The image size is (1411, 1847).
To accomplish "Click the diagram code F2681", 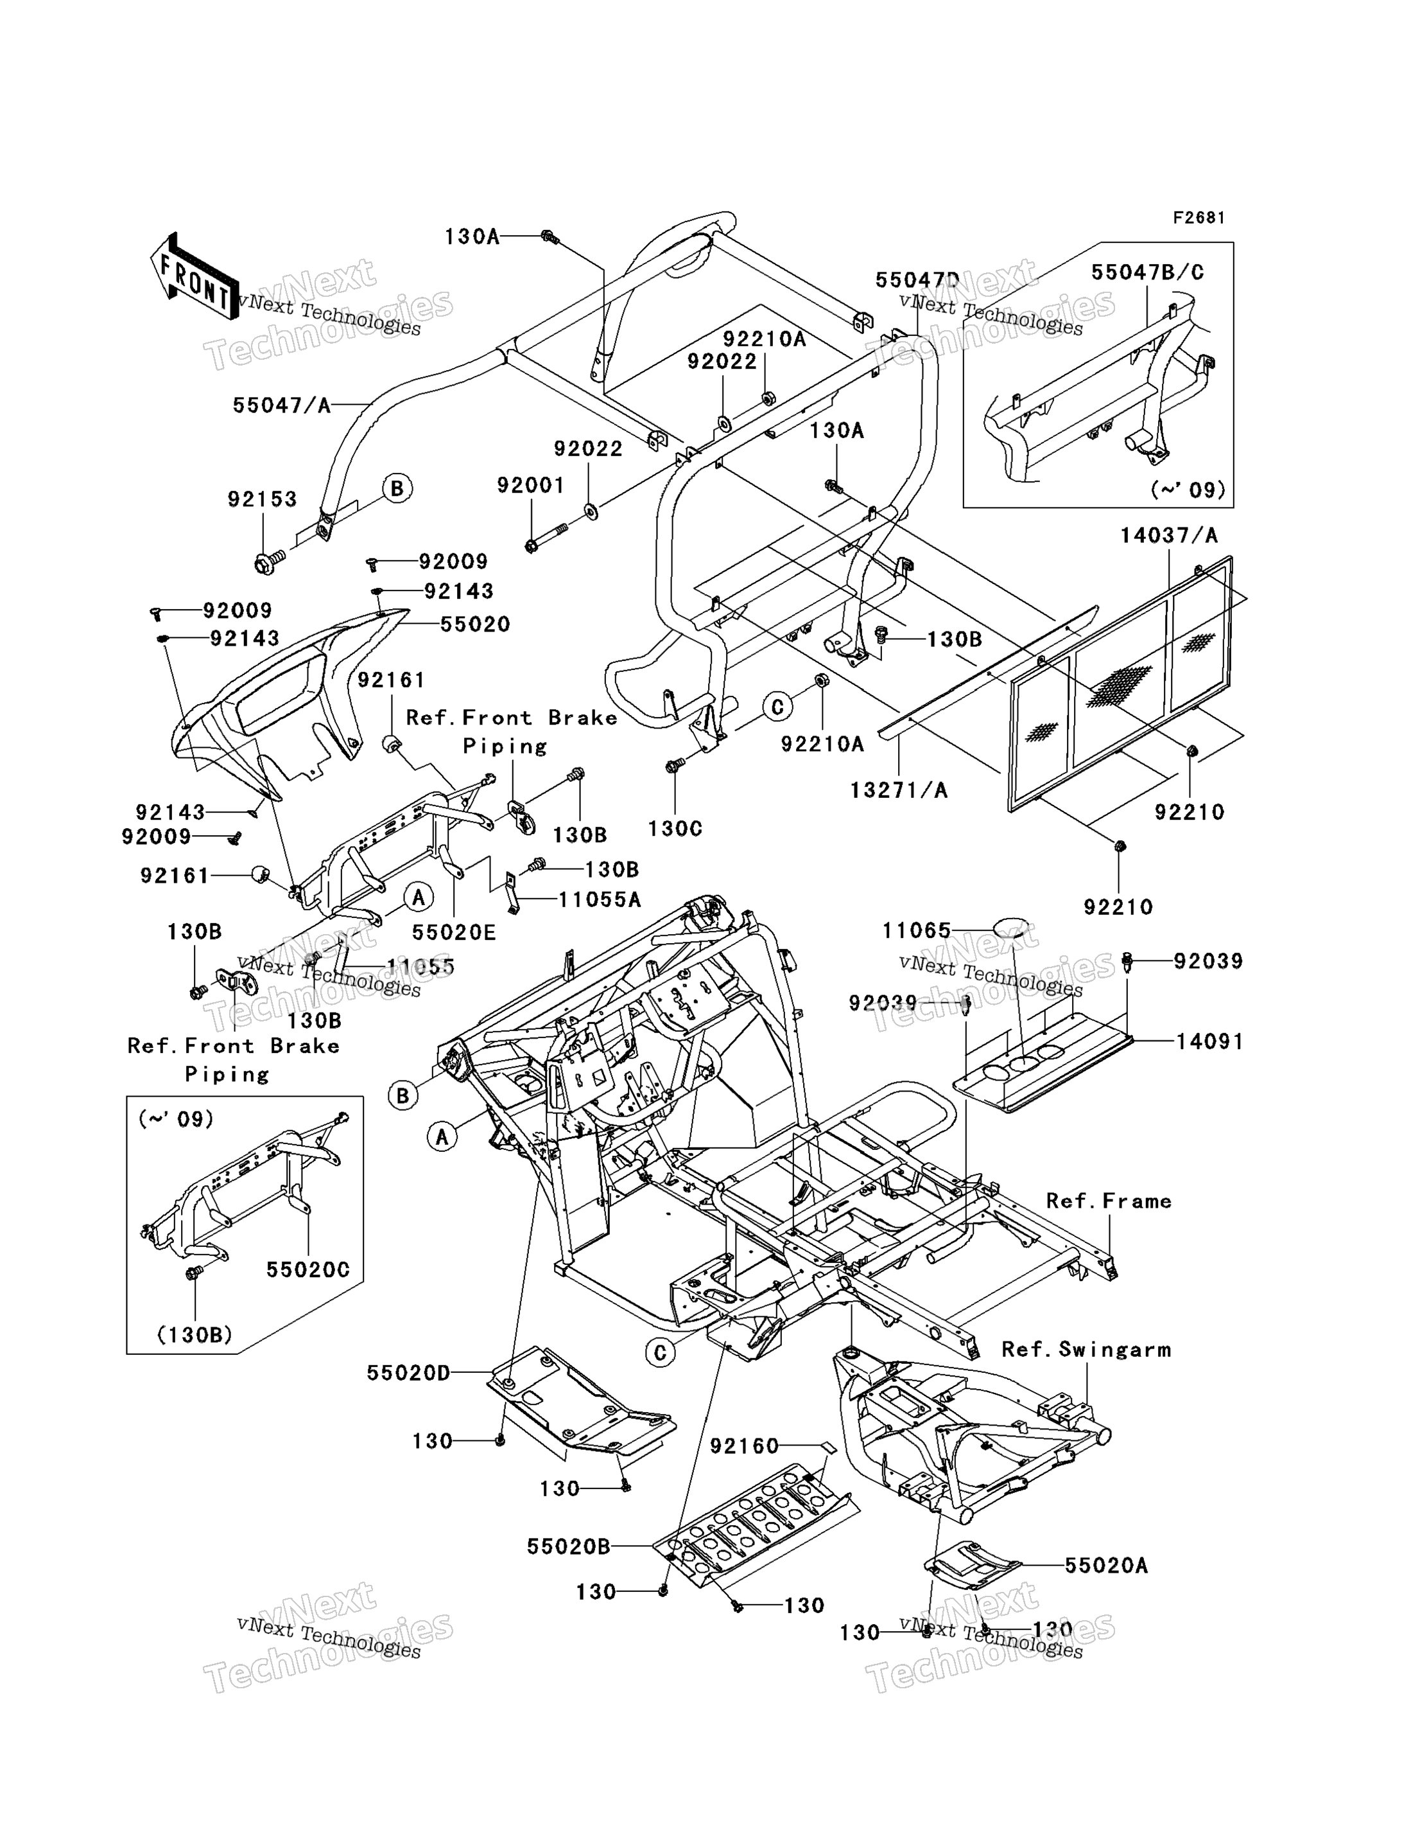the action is coord(1199,218).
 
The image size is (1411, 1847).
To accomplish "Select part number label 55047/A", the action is coord(281,406).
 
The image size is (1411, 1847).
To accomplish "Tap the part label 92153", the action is coord(262,499).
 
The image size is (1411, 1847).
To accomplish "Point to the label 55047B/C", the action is coord(1147,272).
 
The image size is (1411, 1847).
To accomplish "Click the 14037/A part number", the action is coord(1168,535).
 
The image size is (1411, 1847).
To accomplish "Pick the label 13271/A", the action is coord(899,790).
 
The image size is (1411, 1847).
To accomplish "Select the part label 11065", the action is coord(916,931).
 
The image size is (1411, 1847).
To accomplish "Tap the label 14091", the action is coord(1209,1041).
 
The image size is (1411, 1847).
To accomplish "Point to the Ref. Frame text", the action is coord(1109,1201).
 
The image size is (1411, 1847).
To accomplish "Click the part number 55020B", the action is coord(569,1546).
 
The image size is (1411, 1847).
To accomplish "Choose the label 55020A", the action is coord(1106,1566).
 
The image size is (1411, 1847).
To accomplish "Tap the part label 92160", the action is coord(744,1445).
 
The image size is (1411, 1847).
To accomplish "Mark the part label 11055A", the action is coord(600,900).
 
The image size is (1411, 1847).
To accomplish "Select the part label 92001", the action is coord(531,485).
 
